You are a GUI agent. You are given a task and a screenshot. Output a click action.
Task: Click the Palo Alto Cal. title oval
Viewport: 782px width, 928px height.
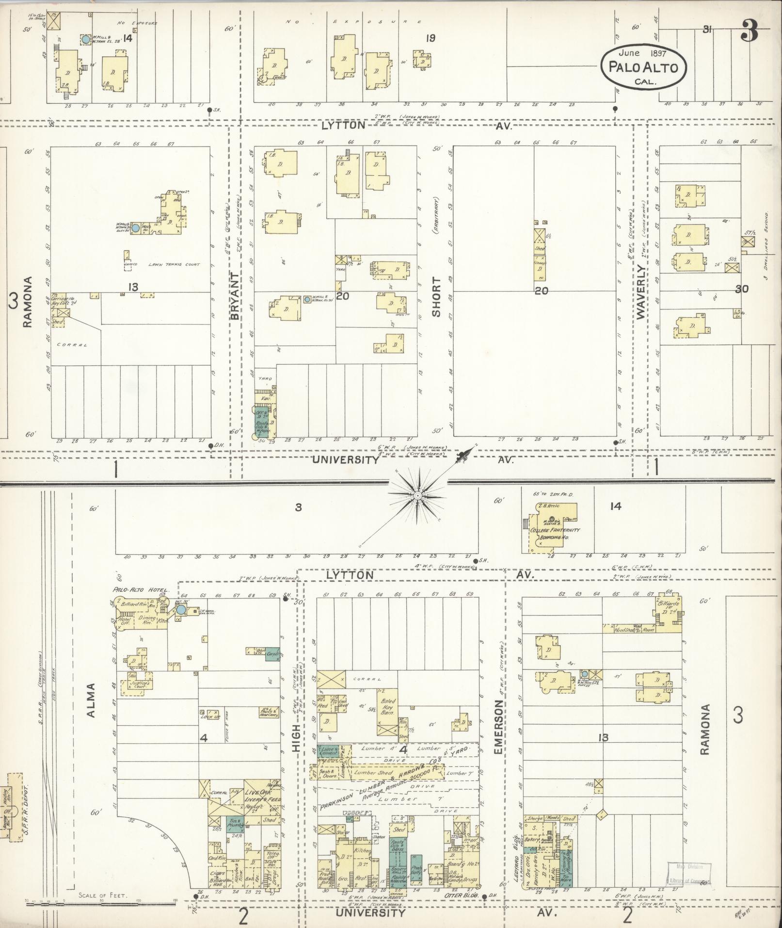[x=643, y=67]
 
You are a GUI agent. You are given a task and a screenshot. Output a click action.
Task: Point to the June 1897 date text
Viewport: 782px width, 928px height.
[x=643, y=53]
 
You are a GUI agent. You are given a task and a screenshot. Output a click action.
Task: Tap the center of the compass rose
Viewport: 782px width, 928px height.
[x=416, y=495]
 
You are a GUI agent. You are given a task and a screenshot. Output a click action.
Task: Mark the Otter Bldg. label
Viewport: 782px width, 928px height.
[x=465, y=895]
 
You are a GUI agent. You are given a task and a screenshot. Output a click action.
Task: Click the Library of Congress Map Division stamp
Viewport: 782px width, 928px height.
[x=689, y=872]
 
